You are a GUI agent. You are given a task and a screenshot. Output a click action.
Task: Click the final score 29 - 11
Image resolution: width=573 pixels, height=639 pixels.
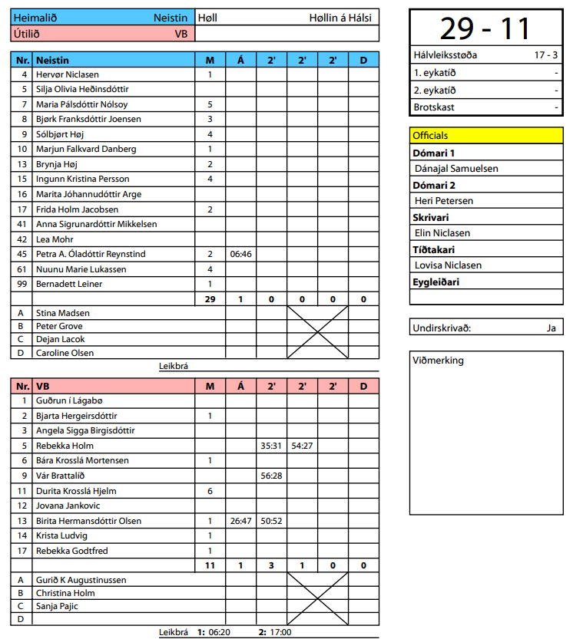pos(485,28)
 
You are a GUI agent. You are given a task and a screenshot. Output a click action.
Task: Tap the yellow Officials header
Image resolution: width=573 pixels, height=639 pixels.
pos(486,135)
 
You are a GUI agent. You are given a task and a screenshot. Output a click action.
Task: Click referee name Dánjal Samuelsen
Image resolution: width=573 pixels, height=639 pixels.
pos(456,168)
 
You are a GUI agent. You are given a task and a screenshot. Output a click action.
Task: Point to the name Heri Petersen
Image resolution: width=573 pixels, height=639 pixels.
pos(443,200)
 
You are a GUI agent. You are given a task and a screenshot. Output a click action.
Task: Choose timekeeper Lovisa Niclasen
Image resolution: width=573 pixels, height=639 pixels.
pos(448,265)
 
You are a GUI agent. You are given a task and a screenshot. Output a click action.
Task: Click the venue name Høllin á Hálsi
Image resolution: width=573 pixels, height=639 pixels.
pos(340,18)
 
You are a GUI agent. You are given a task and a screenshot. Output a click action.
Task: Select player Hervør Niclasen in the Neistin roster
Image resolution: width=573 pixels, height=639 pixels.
pos(68,74)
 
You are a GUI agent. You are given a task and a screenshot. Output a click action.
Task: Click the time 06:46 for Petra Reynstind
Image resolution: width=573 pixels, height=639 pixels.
pos(240,254)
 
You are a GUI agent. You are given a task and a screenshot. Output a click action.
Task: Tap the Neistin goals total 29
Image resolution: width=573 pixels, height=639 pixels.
pos(210,299)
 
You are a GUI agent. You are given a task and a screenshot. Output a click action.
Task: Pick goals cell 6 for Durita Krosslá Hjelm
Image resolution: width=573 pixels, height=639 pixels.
pos(210,491)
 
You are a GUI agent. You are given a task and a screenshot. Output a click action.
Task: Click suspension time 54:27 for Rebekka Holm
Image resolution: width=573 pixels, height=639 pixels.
pos(302,446)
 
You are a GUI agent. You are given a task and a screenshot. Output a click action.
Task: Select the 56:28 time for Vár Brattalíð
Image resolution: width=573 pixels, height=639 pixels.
pos(271,476)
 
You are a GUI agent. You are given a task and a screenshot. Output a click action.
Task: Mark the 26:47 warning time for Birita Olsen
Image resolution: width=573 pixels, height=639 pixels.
pos(240,521)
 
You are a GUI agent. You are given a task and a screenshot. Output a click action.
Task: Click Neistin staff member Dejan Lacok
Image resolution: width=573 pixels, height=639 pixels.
pos(60,339)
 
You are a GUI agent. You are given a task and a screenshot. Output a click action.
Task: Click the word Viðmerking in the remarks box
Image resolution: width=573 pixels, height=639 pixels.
pos(439,360)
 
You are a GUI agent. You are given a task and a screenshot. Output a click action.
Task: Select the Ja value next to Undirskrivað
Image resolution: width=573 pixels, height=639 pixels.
pos(551,328)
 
